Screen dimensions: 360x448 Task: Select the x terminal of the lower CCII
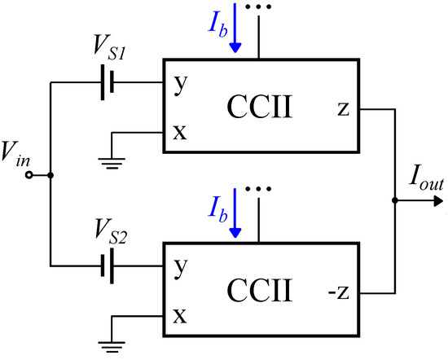click(179, 314)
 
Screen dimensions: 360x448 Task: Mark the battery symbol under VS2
click(107, 266)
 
